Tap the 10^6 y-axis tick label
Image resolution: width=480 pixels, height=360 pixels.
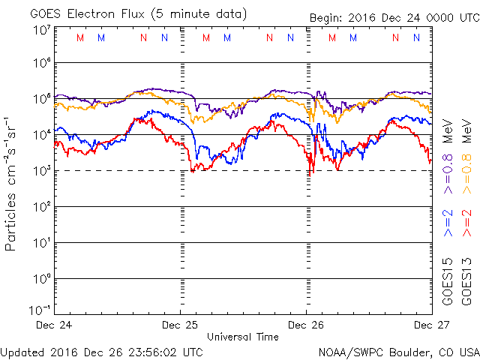point(40,64)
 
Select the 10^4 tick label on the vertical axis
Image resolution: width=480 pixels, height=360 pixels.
point(40,136)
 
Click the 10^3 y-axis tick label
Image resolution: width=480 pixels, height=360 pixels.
point(40,172)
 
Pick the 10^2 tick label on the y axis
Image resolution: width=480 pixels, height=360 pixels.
point(40,208)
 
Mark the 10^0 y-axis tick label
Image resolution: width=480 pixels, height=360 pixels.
point(40,280)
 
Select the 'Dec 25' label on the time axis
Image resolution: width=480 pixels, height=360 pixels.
point(181,325)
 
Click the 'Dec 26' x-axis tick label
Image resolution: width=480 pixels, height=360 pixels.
point(306,325)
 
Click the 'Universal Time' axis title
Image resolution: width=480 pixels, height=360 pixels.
point(243,337)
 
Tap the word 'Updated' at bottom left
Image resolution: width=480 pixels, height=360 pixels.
point(23,351)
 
